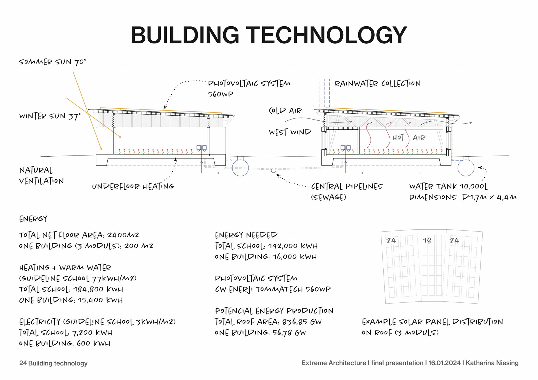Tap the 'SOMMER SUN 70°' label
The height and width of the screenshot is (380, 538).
click(x=52, y=62)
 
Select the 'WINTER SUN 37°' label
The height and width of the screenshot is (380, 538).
click(x=50, y=116)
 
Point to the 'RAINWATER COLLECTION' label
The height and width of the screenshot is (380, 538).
click(x=377, y=84)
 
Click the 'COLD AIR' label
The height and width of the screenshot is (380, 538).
click(x=285, y=111)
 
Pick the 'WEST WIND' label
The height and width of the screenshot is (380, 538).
click(x=290, y=132)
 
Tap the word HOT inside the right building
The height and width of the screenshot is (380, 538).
click(x=398, y=138)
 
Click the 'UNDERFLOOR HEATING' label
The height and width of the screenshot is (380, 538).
click(x=133, y=186)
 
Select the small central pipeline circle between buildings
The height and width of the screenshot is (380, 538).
click(x=273, y=170)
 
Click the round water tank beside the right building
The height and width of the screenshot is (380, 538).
click(x=466, y=168)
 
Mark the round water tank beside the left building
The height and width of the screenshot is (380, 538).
click(x=240, y=168)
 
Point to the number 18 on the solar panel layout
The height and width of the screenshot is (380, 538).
click(x=427, y=241)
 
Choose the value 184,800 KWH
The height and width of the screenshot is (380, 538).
click(x=98, y=289)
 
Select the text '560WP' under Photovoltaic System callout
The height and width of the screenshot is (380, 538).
click(x=221, y=94)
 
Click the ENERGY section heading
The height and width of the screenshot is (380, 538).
click(x=33, y=219)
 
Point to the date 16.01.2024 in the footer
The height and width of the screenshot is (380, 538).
click(x=444, y=363)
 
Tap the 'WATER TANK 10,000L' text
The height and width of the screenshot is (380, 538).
click(x=448, y=186)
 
